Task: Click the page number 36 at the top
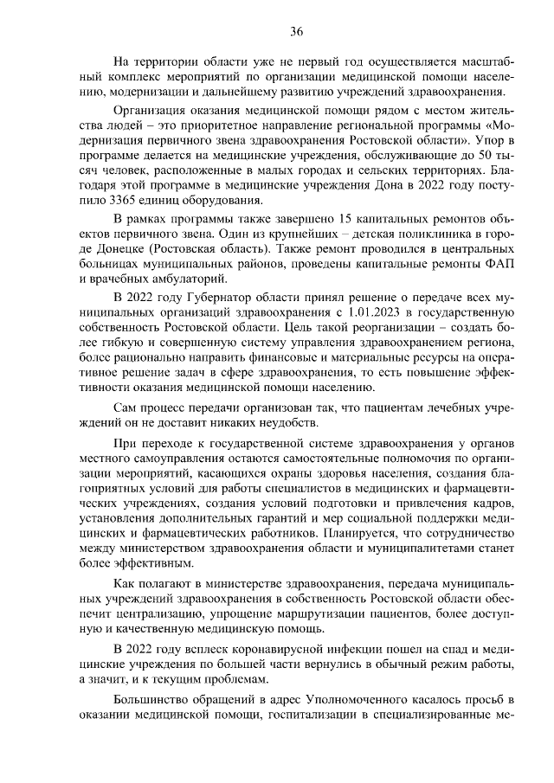(x=296, y=32)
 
